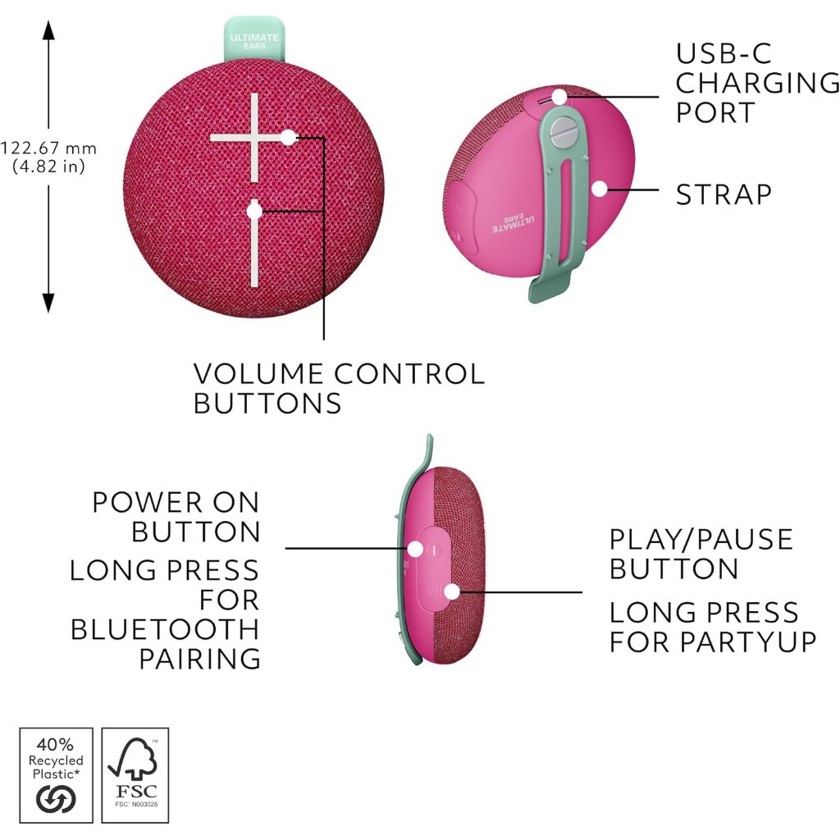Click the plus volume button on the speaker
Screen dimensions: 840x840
(x=254, y=138)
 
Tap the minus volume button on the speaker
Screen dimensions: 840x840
(x=254, y=244)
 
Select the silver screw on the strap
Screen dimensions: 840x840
(x=563, y=132)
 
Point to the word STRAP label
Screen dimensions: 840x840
(x=724, y=194)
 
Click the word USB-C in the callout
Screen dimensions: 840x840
(x=724, y=53)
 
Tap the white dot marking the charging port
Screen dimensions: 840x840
(x=559, y=97)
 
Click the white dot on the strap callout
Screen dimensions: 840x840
(x=600, y=189)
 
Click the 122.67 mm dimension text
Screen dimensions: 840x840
(x=48, y=148)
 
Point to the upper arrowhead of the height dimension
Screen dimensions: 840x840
(x=48, y=30)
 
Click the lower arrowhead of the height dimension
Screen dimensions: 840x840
(x=48, y=304)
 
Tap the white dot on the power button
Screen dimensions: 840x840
(x=415, y=549)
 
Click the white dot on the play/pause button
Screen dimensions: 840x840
(x=452, y=592)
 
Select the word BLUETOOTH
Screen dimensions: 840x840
(x=165, y=629)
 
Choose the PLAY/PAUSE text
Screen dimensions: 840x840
(x=701, y=539)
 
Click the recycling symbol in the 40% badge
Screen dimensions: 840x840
(x=56, y=799)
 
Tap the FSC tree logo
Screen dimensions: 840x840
(x=133, y=759)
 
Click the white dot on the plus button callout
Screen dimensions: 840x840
(x=288, y=138)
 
